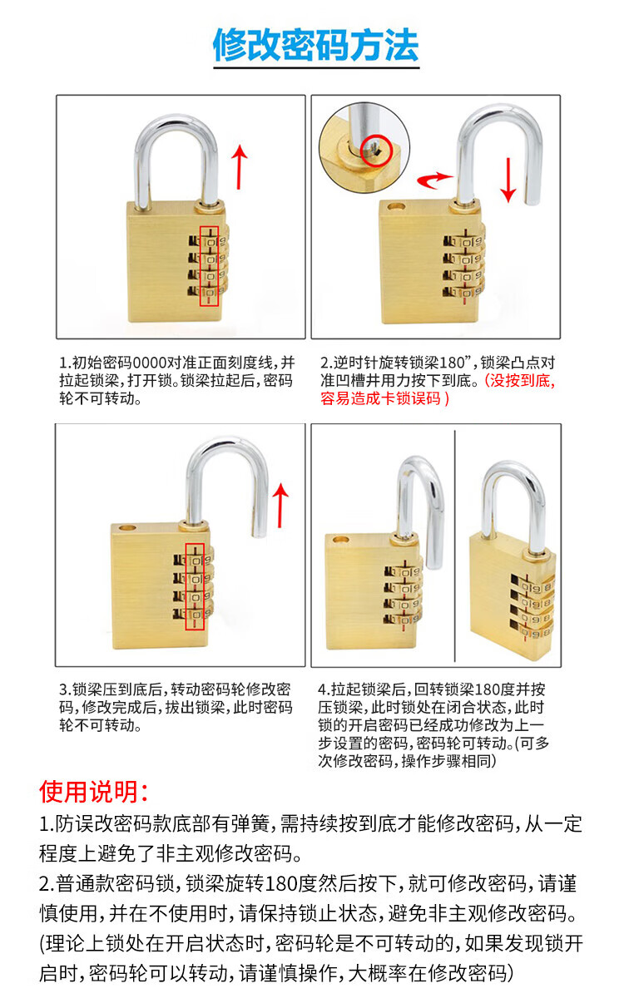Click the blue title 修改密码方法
315,45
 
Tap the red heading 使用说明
92,792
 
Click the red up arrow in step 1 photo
240,166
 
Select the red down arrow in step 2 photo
508,180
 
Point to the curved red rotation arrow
434,180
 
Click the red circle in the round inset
375,151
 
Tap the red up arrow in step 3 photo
280,506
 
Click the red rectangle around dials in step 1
209,266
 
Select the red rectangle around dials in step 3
195,587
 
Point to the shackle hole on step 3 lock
127,528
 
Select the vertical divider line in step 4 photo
454,546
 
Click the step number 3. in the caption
65,690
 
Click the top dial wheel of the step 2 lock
463,242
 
